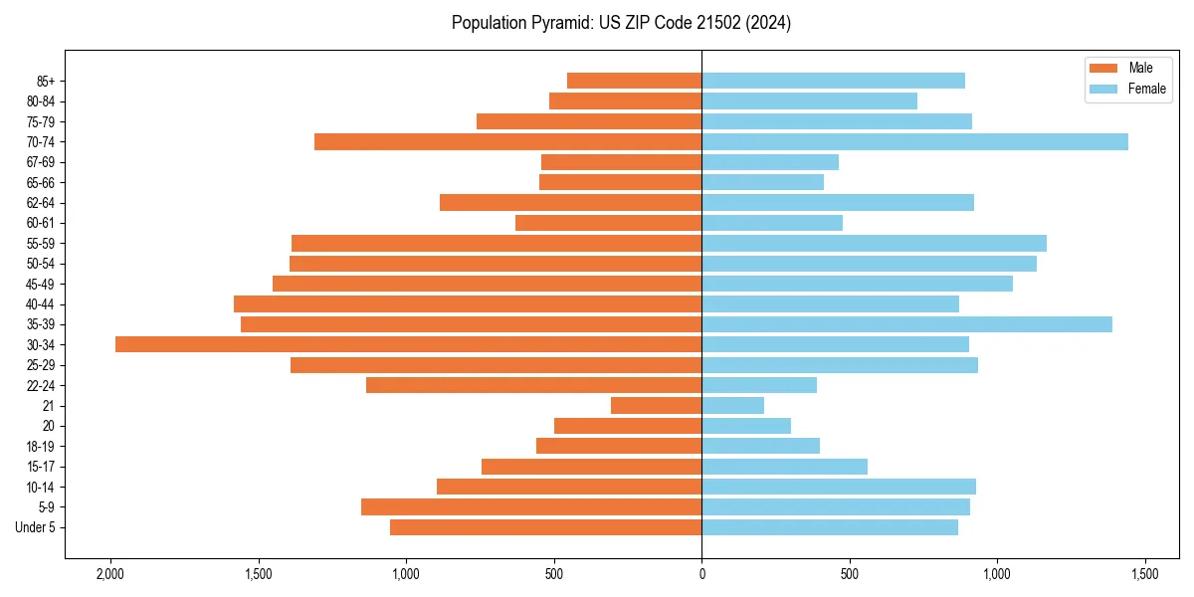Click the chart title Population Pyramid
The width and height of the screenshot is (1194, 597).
[621, 23]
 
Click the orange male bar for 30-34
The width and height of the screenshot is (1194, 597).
[408, 344]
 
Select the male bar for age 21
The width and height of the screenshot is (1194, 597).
[656, 405]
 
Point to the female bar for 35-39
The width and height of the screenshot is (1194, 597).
[906, 324]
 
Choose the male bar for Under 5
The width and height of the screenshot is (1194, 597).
[545, 527]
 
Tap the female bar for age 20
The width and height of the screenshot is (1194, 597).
[746, 426]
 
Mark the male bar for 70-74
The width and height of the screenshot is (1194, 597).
[507, 141]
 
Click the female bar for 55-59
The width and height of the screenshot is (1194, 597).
[874, 243]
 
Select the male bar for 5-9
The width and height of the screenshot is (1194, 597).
[531, 506]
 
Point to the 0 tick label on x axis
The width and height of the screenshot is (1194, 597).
[701, 574]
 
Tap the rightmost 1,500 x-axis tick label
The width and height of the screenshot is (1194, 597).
[1144, 574]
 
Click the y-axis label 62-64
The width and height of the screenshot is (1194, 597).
[41, 203]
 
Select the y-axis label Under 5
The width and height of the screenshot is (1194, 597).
[36, 527]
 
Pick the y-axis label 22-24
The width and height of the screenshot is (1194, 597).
[41, 385]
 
